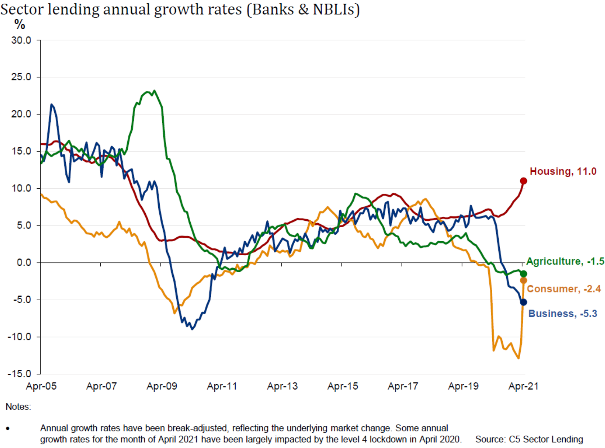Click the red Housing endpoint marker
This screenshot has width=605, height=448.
(x=524, y=181)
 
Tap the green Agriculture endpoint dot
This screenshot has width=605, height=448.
(x=524, y=274)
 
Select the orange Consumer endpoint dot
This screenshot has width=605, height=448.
(x=524, y=280)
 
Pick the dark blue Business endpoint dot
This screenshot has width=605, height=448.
(x=524, y=302)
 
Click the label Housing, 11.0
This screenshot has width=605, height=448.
(x=563, y=171)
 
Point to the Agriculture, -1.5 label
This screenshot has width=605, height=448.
(x=565, y=261)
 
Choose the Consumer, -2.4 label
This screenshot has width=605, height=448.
(x=564, y=289)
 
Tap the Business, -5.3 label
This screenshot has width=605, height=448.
(x=562, y=314)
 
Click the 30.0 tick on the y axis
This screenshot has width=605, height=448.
(x=21, y=40)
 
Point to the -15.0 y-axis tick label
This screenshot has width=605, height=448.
(x=19, y=374)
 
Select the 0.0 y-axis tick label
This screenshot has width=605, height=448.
(x=24, y=263)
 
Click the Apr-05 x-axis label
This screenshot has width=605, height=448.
(x=41, y=386)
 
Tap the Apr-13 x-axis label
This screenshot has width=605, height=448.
(x=283, y=386)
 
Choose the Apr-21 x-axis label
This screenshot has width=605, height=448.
(x=524, y=386)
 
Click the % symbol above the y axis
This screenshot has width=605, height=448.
(x=20, y=25)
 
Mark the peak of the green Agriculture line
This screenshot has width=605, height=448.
(x=155, y=91)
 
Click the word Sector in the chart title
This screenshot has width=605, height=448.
(x=22, y=9)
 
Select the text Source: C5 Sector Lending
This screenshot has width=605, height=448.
(x=529, y=439)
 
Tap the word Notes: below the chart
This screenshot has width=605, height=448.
(x=18, y=407)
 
